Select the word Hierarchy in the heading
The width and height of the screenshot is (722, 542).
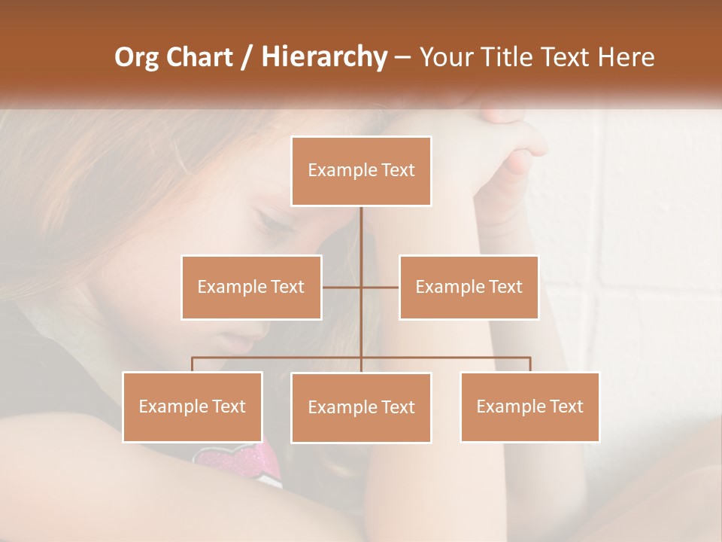click(x=323, y=57)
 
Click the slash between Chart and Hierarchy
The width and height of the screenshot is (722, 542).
click(x=245, y=58)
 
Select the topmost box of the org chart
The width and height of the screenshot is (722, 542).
click(x=361, y=171)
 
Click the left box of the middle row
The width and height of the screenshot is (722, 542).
click(x=251, y=287)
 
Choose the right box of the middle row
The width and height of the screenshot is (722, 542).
click(x=469, y=287)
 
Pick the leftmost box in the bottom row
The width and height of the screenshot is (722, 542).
click(x=193, y=406)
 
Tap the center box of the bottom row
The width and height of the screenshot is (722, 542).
click(x=361, y=407)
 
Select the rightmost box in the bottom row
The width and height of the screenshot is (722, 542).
click(x=529, y=406)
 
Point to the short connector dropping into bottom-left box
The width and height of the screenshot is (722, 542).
click(x=193, y=364)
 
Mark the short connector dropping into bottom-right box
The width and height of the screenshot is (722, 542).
click(x=530, y=364)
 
